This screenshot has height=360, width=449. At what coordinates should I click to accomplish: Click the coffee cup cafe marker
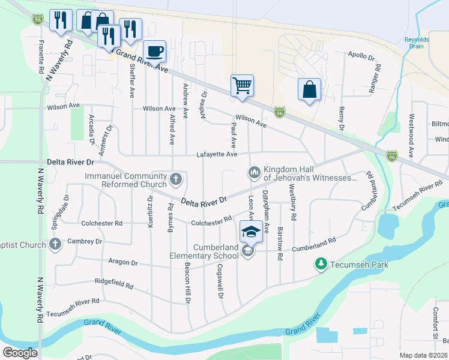(155, 51)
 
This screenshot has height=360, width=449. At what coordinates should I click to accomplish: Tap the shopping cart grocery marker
(242, 85)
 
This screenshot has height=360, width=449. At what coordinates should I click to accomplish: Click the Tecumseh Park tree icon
(321, 264)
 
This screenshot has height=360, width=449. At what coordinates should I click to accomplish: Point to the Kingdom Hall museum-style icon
(254, 173)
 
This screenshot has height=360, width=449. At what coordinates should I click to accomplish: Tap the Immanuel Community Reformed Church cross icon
(176, 178)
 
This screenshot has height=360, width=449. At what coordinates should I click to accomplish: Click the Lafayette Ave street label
(217, 155)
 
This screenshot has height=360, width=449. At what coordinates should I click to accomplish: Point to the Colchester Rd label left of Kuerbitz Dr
(102, 223)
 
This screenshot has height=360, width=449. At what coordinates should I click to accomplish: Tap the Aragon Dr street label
(124, 263)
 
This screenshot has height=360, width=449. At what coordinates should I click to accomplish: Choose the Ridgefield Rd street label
(114, 281)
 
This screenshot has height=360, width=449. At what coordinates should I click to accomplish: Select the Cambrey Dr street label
(85, 241)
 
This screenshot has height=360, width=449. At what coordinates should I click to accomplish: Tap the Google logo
(20, 353)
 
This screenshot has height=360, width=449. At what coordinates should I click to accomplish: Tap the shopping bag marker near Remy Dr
(309, 90)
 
